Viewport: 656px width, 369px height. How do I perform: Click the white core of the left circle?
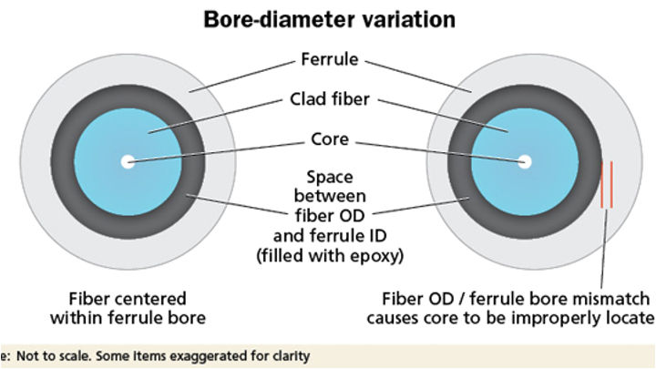pyautogui.click(x=127, y=162)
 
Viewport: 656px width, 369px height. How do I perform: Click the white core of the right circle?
pyautogui.click(x=524, y=161)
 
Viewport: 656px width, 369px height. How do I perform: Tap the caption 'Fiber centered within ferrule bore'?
pyautogui.click(x=128, y=308)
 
